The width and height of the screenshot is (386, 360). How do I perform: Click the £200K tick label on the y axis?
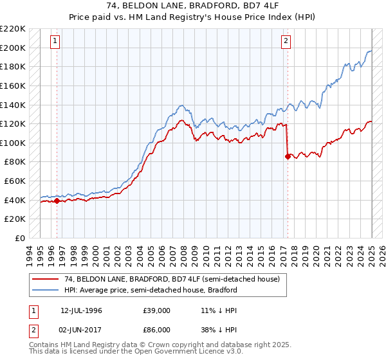13,48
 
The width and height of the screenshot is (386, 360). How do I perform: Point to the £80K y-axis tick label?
15,162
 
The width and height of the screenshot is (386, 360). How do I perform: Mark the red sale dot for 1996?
57,201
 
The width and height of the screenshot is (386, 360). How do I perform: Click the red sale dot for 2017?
287,156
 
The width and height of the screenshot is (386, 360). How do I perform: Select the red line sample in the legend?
47,280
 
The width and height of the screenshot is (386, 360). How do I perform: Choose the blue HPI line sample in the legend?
47,290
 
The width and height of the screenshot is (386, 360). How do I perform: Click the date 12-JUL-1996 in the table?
81,310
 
